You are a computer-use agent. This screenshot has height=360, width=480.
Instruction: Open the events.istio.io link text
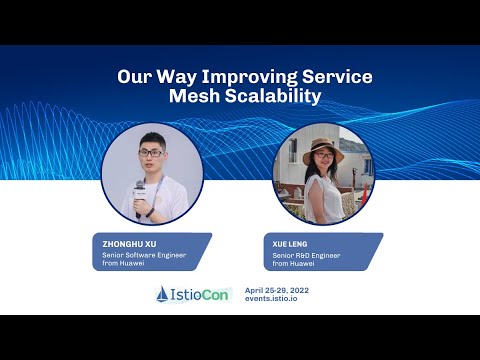(276, 299)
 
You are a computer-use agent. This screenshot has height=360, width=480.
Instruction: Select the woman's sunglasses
(324, 157)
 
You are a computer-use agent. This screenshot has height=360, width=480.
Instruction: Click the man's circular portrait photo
(153, 174)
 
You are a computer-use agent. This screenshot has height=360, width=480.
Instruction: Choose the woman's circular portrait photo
(323, 174)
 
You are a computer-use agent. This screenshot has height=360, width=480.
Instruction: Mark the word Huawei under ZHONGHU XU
(133, 264)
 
